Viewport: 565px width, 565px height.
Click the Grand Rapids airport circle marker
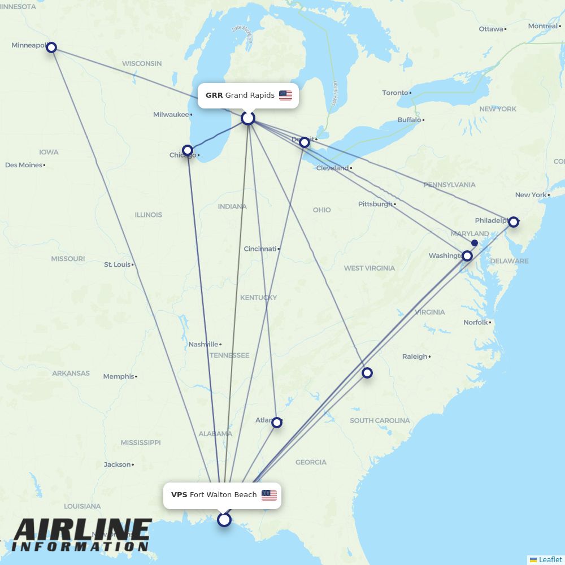coord(248,118)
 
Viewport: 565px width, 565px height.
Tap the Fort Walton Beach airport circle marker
coord(224,519)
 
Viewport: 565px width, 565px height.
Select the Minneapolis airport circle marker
coord(51,47)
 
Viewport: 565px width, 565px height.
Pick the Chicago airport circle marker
coord(188,151)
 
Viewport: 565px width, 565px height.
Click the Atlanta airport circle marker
coord(276,422)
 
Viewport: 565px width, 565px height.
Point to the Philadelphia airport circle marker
coord(513,222)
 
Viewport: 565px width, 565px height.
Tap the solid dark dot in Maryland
coord(475,243)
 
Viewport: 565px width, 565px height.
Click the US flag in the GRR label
coord(285,95)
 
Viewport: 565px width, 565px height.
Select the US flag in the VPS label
coord(269,496)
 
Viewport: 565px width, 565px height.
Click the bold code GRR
coord(214,95)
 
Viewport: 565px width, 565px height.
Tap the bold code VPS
coord(179,495)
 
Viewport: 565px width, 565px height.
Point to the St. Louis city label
coord(117,264)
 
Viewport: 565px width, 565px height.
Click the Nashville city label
coord(203,344)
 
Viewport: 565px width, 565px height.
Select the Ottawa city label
coord(490,29)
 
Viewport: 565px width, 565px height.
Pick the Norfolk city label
coord(475,323)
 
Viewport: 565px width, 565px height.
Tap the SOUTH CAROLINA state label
coord(379,420)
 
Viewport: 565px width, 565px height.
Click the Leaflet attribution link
coord(550,559)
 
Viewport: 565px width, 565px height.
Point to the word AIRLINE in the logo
coord(82,531)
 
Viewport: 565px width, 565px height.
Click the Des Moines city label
coord(24,165)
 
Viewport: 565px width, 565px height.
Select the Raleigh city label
coord(415,357)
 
